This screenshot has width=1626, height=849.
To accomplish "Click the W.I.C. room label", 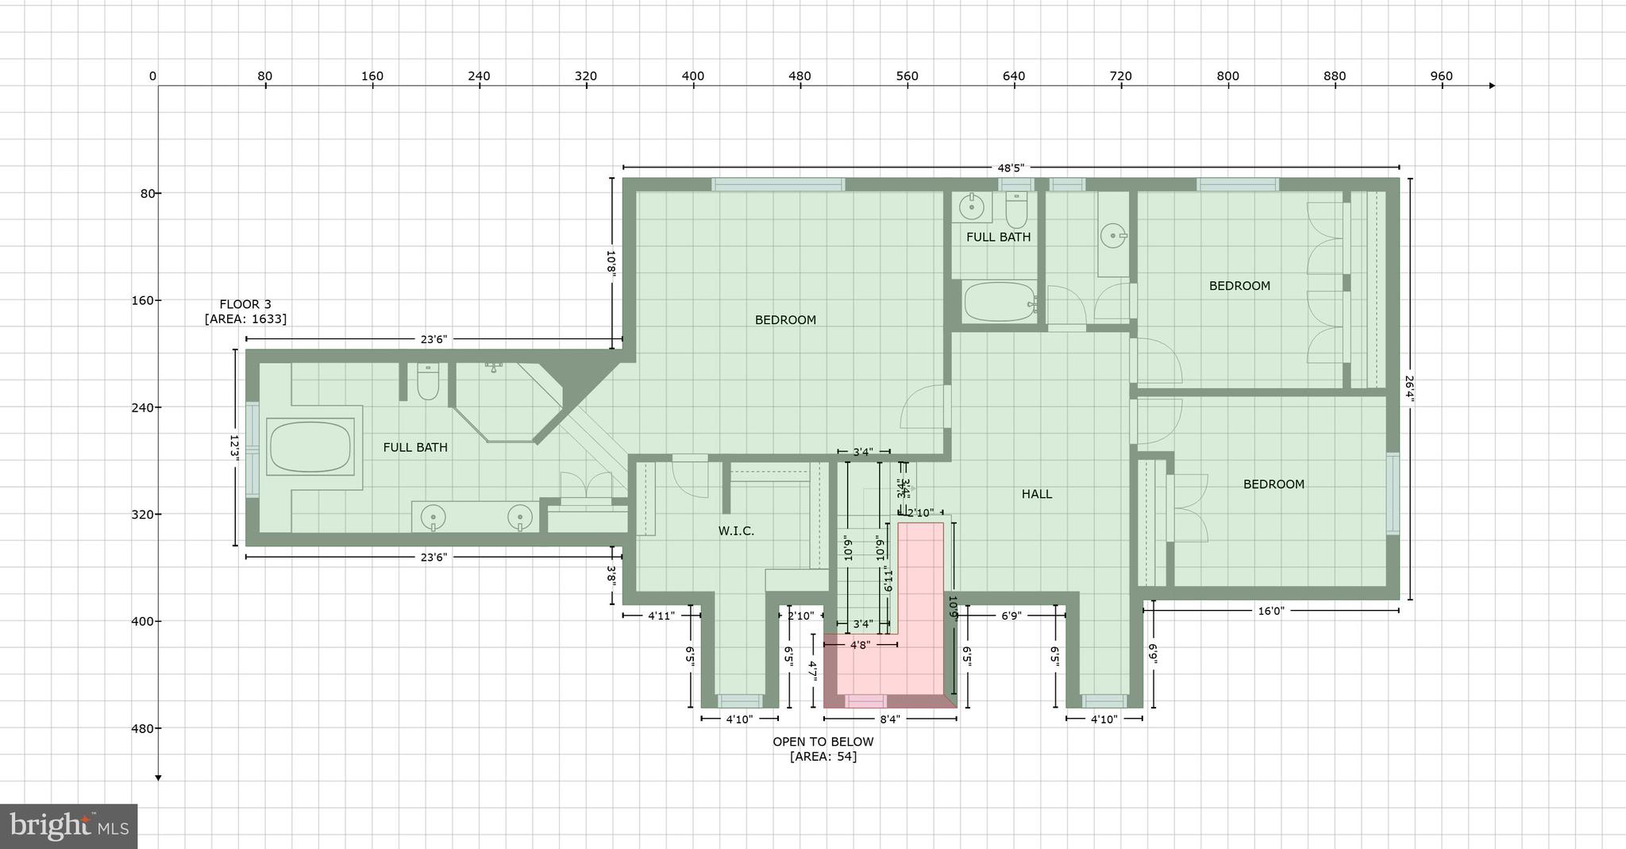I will tap(736, 531).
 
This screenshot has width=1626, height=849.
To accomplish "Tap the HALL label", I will tap(1036, 494).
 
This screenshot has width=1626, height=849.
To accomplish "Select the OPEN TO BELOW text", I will tap(823, 742).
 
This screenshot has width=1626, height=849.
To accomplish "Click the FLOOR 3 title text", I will tap(245, 304).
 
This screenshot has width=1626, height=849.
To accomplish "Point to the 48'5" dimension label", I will tap(1011, 168).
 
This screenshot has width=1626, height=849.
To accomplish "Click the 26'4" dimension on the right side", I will tap(1409, 389).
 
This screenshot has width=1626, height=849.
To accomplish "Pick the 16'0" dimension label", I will tap(1270, 611).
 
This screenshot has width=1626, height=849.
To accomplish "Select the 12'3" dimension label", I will tap(234, 446).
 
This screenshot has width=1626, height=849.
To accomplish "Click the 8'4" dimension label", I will tap(889, 720).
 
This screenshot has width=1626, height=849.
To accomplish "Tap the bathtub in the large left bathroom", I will tap(310, 447).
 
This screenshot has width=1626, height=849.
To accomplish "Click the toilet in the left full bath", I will tap(428, 382).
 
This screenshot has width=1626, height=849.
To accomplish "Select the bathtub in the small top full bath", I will tap(999, 302).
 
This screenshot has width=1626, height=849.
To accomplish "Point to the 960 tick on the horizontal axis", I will tap(1441, 76).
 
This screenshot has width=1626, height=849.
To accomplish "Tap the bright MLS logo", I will tap(69, 827).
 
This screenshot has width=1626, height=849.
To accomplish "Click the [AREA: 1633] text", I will tap(245, 319).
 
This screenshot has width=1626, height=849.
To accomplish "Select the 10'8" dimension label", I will tap(611, 262).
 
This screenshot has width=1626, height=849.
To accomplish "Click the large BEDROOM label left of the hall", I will tap(785, 320).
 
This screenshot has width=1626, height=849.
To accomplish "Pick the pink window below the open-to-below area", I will tap(865, 701).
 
